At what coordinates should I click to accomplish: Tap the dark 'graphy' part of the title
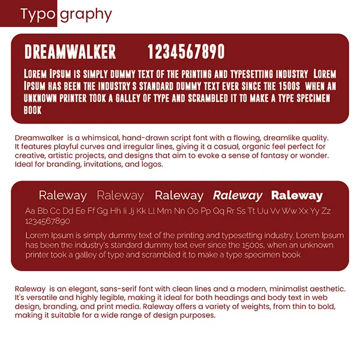pyautogui.click(x=85, y=14)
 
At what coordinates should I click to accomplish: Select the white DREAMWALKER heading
pyautogui.click(x=70, y=52)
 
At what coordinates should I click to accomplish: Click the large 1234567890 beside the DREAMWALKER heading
pyautogui.click(x=186, y=52)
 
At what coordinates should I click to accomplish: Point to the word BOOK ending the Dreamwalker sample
pyautogui.click(x=32, y=110)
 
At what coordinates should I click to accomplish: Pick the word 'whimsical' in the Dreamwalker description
pyautogui.click(x=99, y=138)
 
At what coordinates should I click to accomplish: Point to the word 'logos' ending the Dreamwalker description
pyautogui.click(x=152, y=163)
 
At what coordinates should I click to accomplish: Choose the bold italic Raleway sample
pyautogui.click(x=238, y=196)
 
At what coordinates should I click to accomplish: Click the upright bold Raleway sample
pyautogui.click(x=296, y=196)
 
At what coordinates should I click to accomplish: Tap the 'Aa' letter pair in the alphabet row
pyautogui.click(x=31, y=211)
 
